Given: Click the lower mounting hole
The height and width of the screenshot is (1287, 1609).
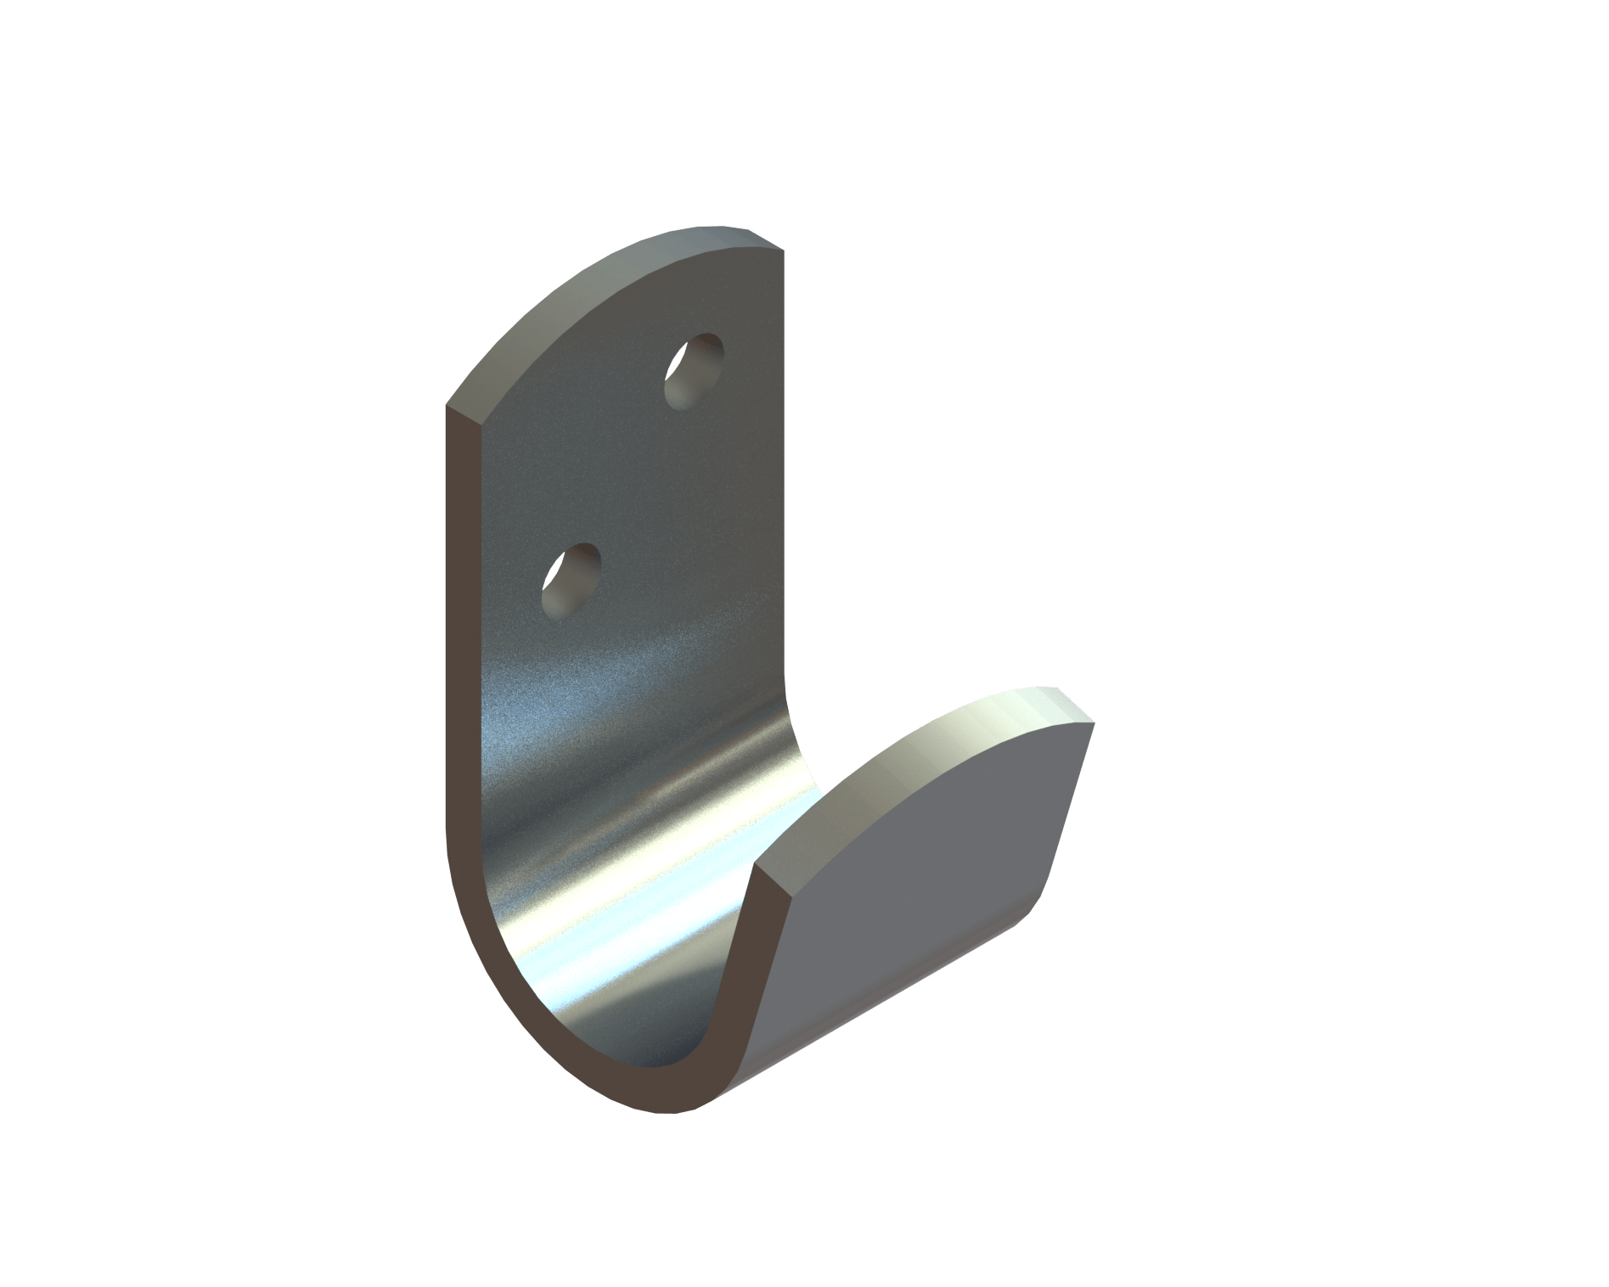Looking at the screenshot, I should (x=571, y=581).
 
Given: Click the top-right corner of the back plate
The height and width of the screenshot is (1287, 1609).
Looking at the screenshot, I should (x=782, y=249).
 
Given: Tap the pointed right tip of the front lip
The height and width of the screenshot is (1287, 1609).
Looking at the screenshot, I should (x=1094, y=722).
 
